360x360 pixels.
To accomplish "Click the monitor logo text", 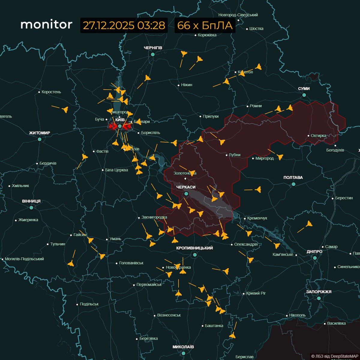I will click(x=46, y=25).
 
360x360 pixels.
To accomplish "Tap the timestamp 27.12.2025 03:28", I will click(x=124, y=25).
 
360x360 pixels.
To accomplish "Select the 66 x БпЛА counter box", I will click(x=205, y=25).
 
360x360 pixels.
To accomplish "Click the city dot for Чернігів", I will click(x=153, y=54).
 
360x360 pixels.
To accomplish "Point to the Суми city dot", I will click(x=304, y=95).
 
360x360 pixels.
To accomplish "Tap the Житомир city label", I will click(x=40, y=133).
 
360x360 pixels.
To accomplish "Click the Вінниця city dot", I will click(x=31, y=207).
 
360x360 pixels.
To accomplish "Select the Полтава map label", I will click(x=293, y=178).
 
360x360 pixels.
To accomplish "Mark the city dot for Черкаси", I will click(x=186, y=194).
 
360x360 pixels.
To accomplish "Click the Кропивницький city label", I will click(x=195, y=248).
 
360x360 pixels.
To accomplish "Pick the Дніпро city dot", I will click(x=315, y=258).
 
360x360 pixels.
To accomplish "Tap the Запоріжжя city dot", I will click(x=319, y=298).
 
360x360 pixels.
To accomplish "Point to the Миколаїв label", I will click(x=183, y=347).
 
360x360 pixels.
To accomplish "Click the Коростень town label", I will click(x=51, y=92).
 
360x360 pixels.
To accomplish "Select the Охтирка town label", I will click(x=319, y=136).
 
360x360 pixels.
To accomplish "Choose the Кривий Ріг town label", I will click(x=256, y=293).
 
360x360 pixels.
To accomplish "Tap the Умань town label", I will click(x=115, y=239).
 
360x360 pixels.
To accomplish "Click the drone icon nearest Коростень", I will click(x=65, y=109).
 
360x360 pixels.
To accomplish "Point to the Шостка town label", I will click(x=256, y=28).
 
